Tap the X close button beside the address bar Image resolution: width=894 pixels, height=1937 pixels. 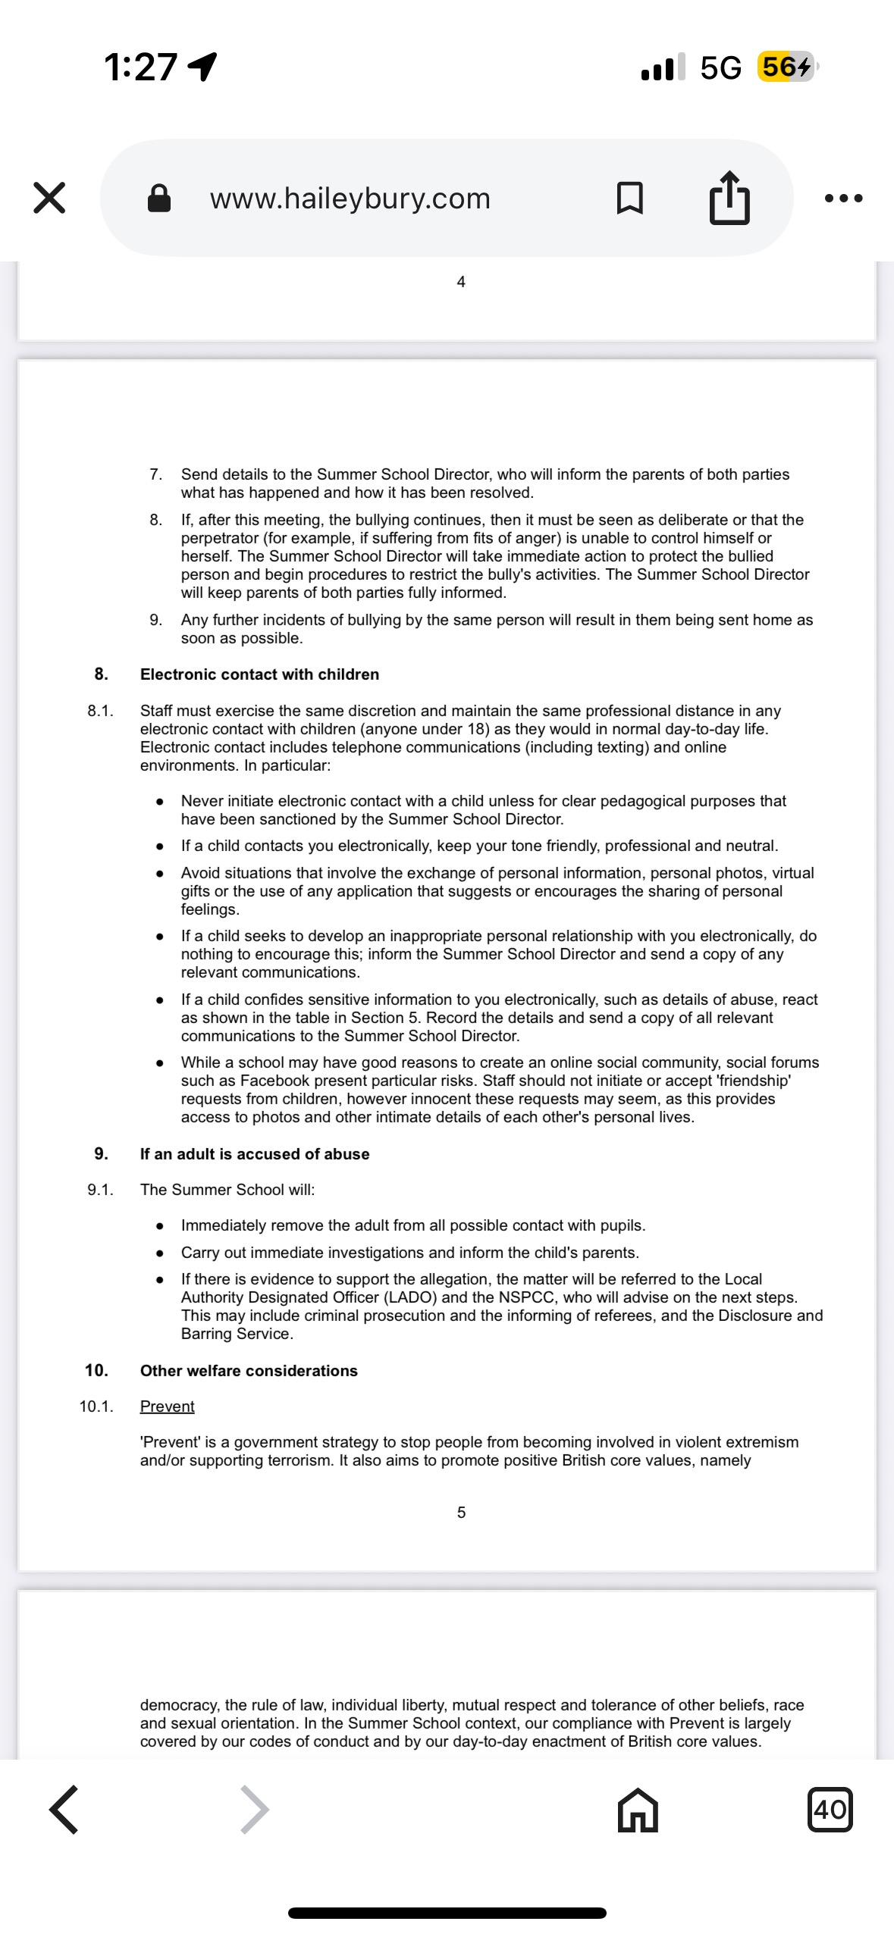point(49,198)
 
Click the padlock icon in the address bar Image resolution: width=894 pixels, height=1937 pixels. point(158,199)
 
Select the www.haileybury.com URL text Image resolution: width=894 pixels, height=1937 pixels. point(350,199)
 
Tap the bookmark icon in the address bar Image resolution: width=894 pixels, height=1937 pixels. point(630,199)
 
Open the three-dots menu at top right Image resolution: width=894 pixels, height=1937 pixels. point(843,199)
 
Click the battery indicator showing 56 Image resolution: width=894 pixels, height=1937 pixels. point(786,67)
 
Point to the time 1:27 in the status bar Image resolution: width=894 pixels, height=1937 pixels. point(141,67)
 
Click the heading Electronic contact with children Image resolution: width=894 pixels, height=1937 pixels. point(259,674)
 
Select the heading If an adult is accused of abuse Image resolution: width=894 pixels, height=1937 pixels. point(255,1153)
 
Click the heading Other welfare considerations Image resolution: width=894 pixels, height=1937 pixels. point(249,1370)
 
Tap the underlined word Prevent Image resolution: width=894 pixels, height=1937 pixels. point(167,1407)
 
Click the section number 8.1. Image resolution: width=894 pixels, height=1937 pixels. point(100,711)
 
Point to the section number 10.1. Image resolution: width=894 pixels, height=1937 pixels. point(96,1407)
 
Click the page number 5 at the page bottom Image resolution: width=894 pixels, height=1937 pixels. point(461,1513)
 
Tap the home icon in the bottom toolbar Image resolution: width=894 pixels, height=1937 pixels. point(638,1810)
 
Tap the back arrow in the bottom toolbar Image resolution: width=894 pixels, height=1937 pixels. point(64,1810)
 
